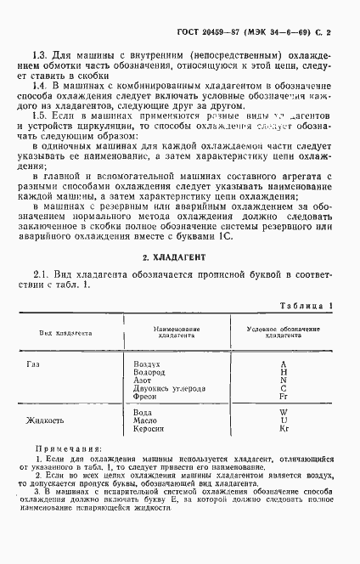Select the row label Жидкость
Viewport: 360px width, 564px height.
(x=45, y=420)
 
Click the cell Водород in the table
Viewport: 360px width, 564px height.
(x=149, y=371)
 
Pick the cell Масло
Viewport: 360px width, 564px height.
(x=145, y=420)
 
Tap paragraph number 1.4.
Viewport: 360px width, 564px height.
(x=40, y=87)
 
